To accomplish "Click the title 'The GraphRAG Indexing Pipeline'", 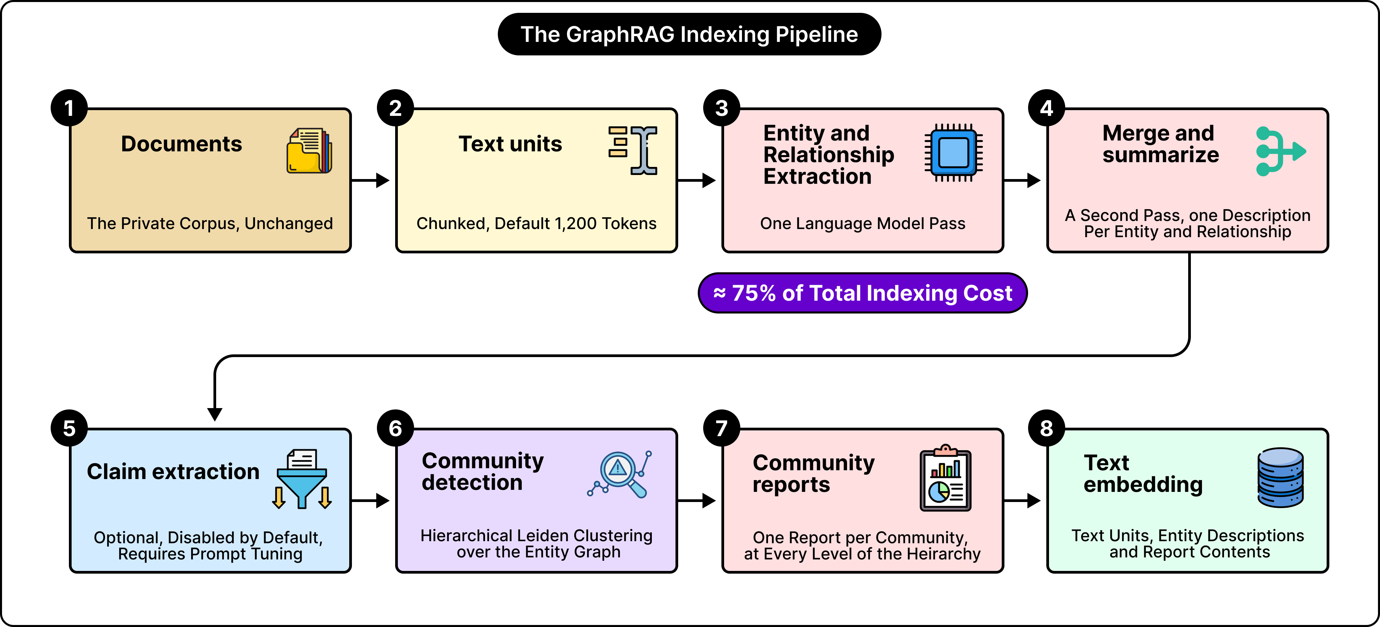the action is pos(689,34).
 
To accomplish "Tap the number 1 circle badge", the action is pos(69,108).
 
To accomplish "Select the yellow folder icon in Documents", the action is pos(309,151).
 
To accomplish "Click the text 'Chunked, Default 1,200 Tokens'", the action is pos(536,223).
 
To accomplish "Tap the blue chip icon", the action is pos(953,153).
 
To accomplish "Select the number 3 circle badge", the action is pos(722,108).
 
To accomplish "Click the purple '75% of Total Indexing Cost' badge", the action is pos(863,293).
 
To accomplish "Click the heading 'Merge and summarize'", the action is pos(1160,144).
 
